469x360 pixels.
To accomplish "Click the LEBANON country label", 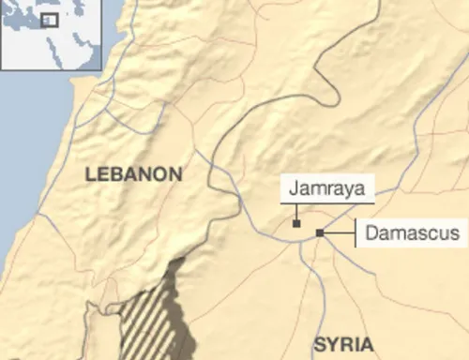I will (132, 173).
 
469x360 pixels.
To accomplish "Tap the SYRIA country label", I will (343, 342).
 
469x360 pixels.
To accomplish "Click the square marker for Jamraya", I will (296, 223).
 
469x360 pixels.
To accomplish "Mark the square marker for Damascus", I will (319, 232).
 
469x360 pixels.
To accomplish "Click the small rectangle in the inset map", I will (49, 19).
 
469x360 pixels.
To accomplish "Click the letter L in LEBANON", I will (89, 173).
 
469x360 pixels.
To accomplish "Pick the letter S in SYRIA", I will (319, 342).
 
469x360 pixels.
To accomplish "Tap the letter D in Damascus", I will (370, 232).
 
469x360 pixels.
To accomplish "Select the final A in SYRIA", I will (367, 342).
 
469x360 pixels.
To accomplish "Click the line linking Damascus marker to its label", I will (338, 232).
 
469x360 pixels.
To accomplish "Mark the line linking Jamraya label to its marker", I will (296, 213).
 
